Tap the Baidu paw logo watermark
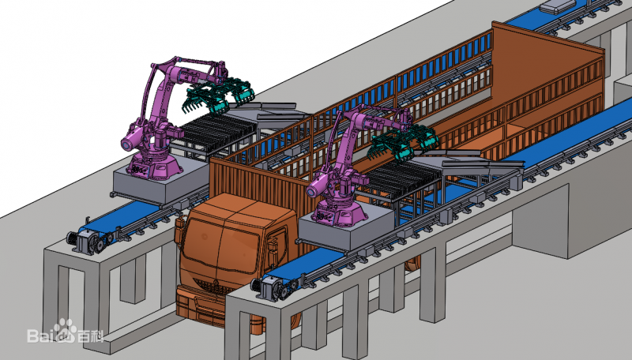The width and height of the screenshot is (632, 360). coord(66,330)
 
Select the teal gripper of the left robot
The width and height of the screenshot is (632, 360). coord(220,96)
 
